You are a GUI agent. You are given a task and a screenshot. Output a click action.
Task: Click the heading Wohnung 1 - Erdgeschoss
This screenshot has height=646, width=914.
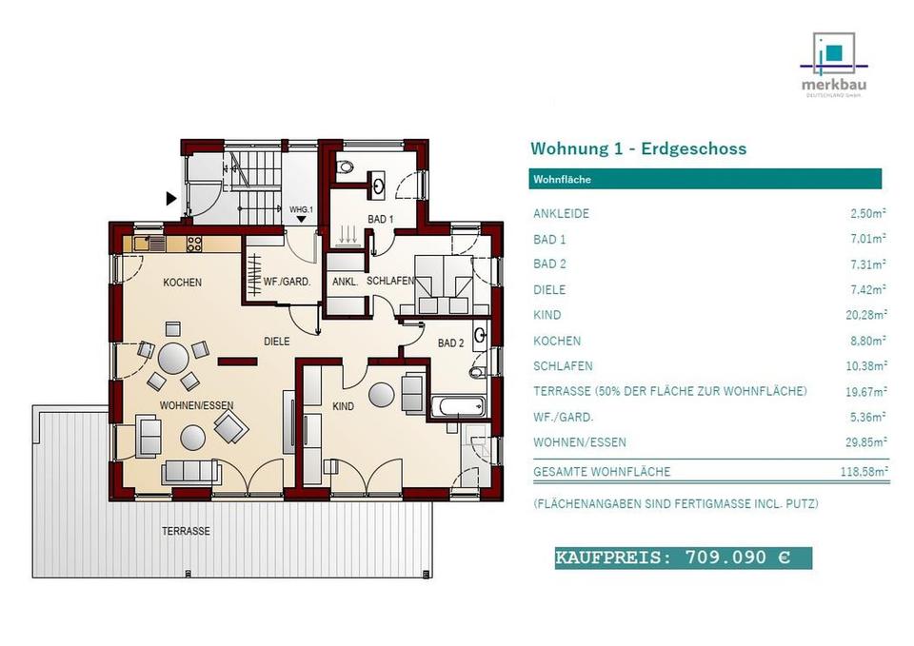(x=638, y=148)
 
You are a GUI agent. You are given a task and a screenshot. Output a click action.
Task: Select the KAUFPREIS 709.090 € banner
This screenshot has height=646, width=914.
(x=683, y=558)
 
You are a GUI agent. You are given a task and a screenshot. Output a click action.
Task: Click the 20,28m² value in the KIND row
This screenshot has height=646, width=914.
(x=868, y=315)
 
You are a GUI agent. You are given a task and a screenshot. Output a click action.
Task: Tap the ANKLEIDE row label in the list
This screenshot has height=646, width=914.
(x=561, y=213)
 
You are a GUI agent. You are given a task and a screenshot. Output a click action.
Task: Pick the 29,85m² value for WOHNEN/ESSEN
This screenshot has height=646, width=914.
(x=868, y=442)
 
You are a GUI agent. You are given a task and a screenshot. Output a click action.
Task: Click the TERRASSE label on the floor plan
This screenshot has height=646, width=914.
(x=186, y=531)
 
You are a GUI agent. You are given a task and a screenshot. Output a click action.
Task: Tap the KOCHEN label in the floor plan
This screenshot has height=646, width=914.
(x=181, y=283)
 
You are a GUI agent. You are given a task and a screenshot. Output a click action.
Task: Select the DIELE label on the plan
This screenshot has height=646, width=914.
(x=277, y=340)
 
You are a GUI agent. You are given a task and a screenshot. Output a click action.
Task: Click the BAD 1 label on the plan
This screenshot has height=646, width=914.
(x=379, y=220)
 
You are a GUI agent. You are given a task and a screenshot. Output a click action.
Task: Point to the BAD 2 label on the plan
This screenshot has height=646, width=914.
(x=451, y=342)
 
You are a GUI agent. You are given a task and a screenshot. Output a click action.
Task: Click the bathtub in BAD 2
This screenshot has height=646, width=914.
(x=457, y=407)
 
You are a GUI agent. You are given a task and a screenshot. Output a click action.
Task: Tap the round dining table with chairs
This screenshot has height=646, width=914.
(x=174, y=360)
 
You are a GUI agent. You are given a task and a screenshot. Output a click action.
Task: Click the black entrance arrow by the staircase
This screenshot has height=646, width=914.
(x=171, y=199)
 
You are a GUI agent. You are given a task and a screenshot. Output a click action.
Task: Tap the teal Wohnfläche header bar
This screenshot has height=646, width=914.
(x=705, y=179)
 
